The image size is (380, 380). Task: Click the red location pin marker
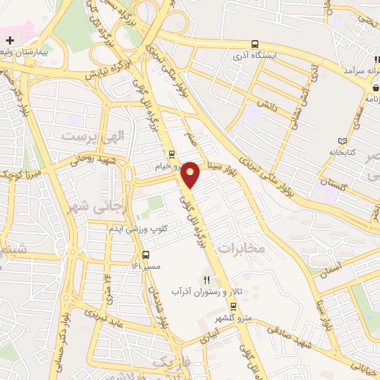point(191,174)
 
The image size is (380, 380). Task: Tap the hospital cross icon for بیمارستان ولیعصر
point(9,39)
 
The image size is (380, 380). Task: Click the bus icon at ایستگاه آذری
point(255,44)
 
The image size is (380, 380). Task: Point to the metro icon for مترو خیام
point(172,155)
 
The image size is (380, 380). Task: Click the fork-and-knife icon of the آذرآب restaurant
point(207,281)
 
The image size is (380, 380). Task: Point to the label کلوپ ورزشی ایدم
point(163,229)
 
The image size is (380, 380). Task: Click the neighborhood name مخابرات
point(242,248)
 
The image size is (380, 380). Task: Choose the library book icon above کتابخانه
point(342,141)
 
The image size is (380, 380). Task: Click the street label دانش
point(267,106)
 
